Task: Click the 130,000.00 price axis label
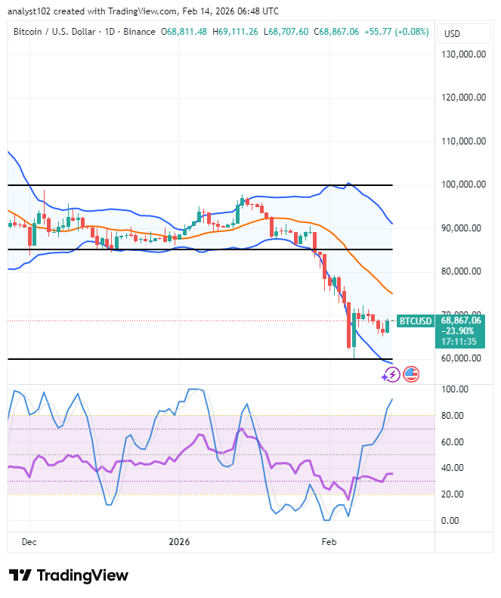point(463,54)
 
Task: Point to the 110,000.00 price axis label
point(463,141)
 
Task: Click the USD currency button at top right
point(452,34)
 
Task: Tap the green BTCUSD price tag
point(415,321)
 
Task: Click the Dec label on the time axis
point(29,542)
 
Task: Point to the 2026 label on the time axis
point(179,542)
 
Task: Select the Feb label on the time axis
point(329,542)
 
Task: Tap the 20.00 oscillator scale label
point(453,494)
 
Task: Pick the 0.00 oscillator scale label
point(451,521)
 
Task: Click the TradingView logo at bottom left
point(68,575)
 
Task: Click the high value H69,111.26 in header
point(235,33)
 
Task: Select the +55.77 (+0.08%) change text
point(395,33)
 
